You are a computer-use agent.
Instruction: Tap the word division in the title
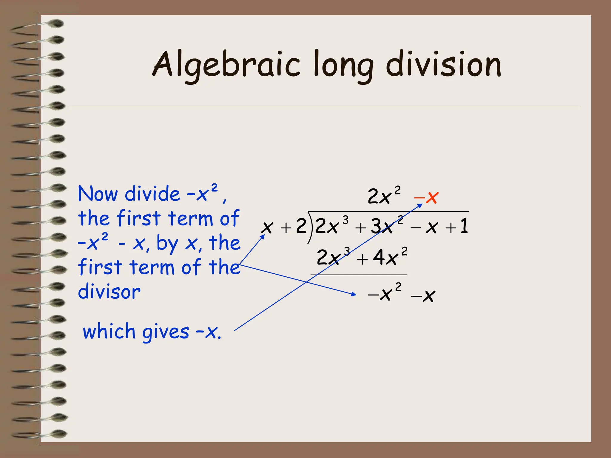[x=443, y=64]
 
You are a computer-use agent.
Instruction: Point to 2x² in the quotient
[x=384, y=196]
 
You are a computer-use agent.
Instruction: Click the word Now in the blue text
[x=98, y=194]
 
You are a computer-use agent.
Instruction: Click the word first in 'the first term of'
[x=139, y=218]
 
